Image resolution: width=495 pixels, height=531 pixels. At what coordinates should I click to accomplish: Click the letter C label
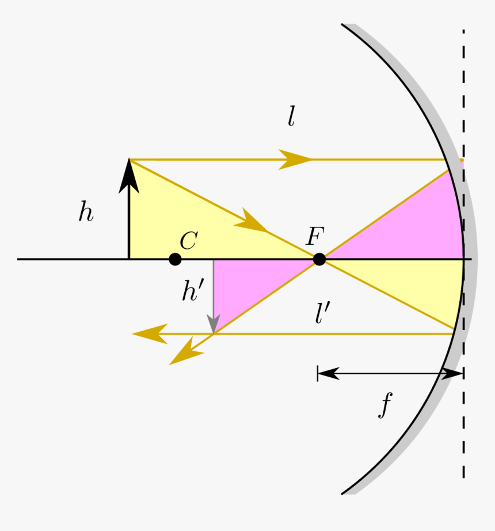[188, 241]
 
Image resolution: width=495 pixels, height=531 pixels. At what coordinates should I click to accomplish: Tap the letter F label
[315, 236]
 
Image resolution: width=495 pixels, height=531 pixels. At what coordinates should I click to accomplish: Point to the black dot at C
[176, 260]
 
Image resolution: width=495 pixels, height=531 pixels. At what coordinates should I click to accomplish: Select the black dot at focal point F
[319, 260]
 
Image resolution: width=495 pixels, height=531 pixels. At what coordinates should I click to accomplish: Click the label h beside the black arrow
[86, 213]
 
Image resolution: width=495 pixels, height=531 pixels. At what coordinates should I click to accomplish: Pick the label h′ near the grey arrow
[192, 292]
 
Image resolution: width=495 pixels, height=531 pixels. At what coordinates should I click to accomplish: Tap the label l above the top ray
[291, 117]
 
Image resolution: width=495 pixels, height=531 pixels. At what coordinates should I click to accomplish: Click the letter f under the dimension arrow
[385, 405]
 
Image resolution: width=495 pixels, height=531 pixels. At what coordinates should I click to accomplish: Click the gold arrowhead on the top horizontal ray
[295, 159]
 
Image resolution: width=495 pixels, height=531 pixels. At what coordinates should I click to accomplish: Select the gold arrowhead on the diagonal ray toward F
[252, 221]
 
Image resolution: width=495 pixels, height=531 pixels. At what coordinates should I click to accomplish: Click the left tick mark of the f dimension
[317, 374]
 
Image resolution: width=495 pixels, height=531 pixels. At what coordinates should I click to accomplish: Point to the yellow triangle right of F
[420, 288]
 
